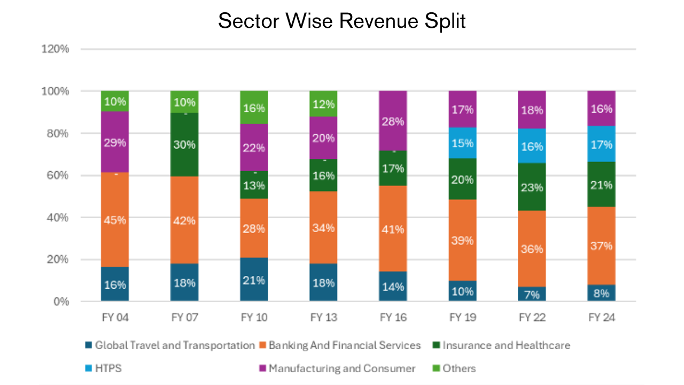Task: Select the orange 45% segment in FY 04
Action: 115,219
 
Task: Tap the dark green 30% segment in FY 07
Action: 184,144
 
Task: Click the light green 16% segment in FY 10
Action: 254,107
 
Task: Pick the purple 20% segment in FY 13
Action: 323,138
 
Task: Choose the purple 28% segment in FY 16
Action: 393,121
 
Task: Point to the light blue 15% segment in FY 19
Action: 462,143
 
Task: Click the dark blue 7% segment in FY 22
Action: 532,294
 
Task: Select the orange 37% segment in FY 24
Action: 601,246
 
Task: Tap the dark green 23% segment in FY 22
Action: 532,187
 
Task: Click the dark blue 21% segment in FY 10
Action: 254,280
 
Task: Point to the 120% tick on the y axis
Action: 56,49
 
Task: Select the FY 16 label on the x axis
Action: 393,318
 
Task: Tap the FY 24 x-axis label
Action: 601,318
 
